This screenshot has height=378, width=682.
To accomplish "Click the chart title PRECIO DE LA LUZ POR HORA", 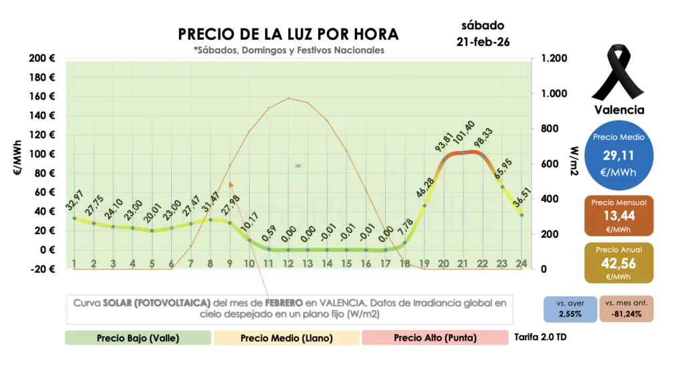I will tap(288, 34).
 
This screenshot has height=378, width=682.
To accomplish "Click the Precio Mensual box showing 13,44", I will tap(619, 216).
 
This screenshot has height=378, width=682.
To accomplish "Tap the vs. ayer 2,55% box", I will tap(570, 309).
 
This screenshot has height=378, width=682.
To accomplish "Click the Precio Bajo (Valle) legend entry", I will tap(137, 337).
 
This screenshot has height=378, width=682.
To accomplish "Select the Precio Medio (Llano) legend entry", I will tap(286, 337).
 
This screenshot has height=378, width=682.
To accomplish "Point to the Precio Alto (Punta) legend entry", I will tap(435, 337).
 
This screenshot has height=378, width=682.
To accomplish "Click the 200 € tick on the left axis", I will tap(42, 59).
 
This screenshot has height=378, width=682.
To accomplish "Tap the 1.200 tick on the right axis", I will tap(554, 59).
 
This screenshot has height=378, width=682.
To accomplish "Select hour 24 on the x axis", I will tap(521, 264).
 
